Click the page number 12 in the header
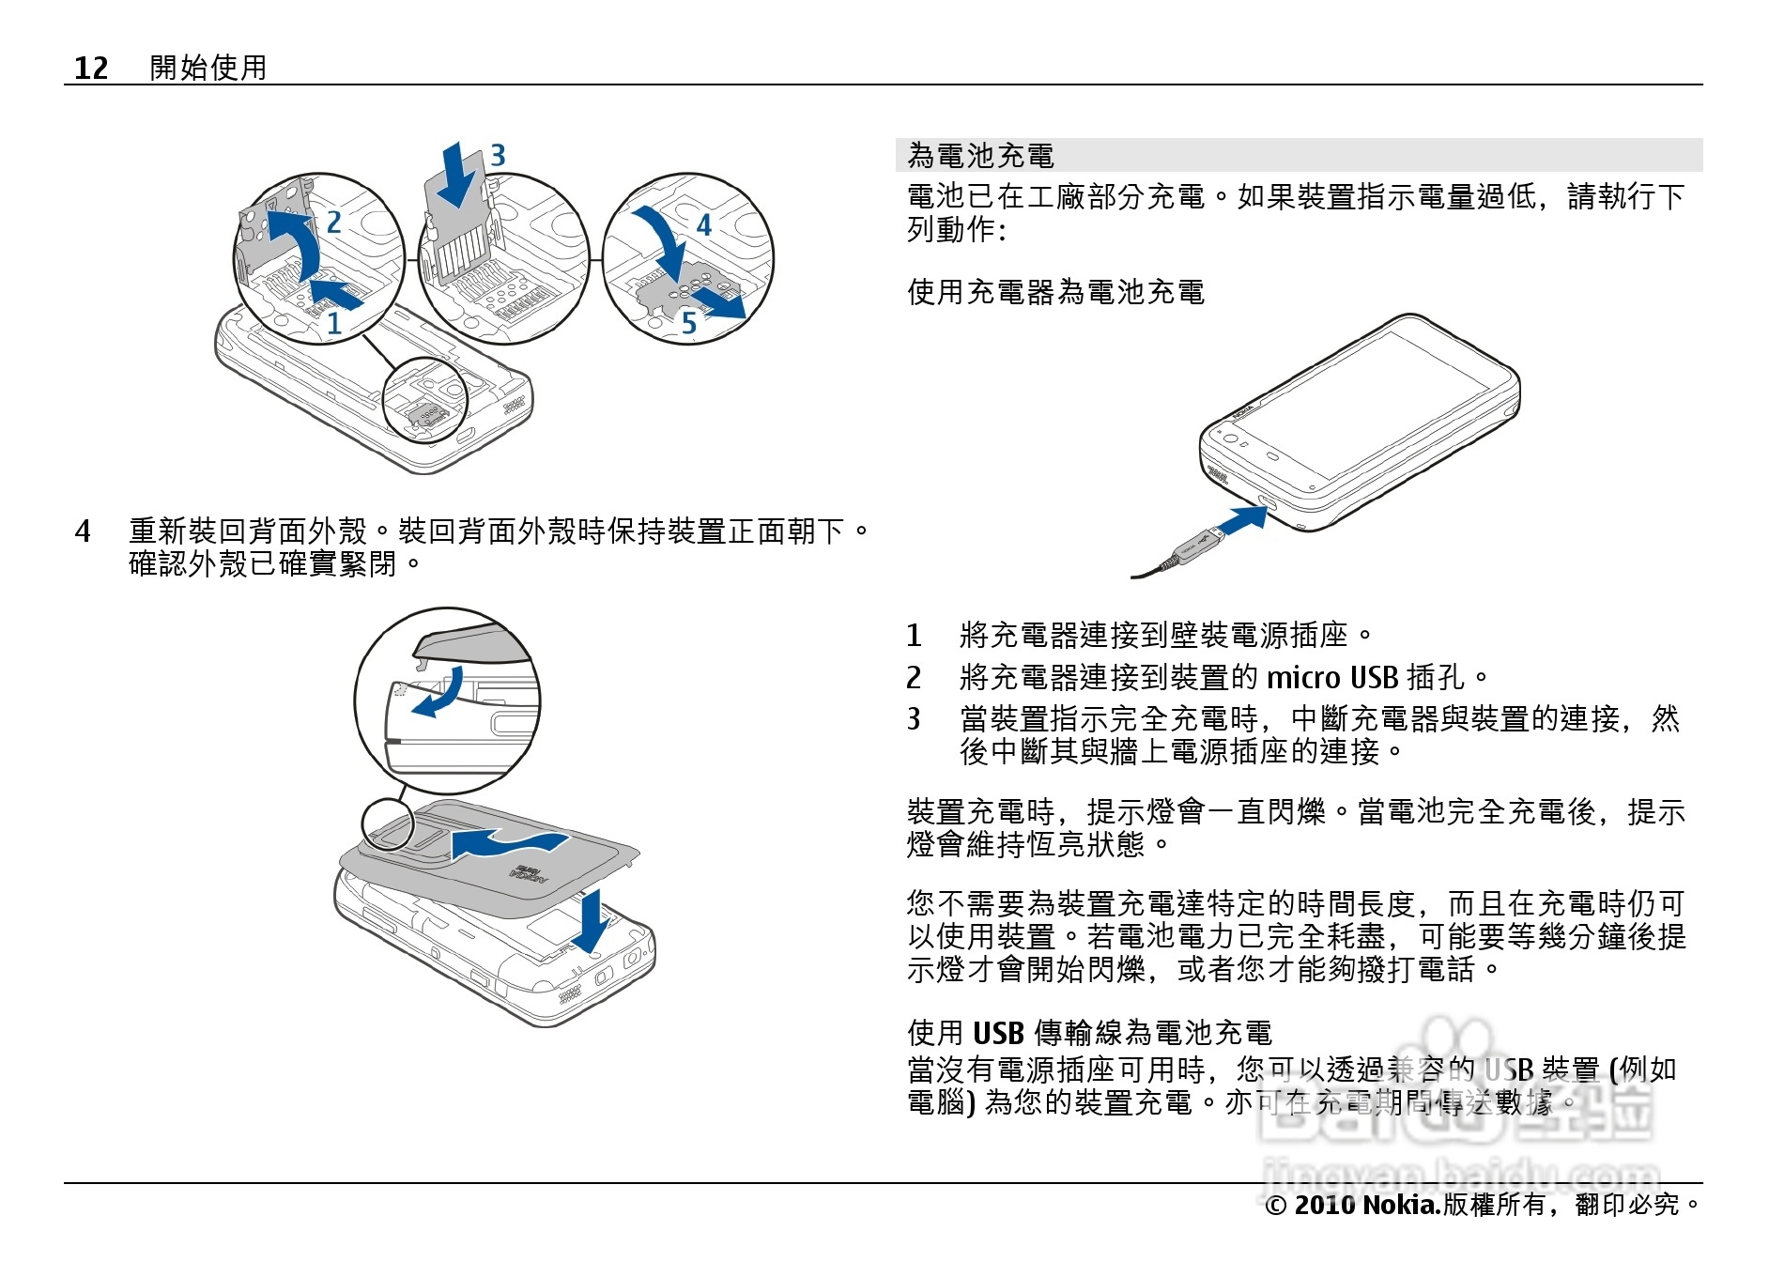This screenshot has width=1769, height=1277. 91,68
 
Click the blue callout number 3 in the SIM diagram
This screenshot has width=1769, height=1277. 498,155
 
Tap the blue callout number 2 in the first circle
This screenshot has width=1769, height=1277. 333,223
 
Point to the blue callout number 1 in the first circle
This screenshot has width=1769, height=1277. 333,323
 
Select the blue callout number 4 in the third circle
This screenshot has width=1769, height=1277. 703,224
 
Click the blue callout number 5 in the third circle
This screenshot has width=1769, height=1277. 689,324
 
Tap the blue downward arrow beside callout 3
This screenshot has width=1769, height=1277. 459,176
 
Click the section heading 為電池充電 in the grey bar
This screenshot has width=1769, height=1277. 980,156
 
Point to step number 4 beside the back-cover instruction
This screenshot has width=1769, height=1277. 83,531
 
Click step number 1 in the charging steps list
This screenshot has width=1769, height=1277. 914,636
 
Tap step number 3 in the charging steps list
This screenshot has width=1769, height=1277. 914,719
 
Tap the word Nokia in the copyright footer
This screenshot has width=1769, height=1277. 1400,1205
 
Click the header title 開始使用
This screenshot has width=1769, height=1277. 208,68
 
